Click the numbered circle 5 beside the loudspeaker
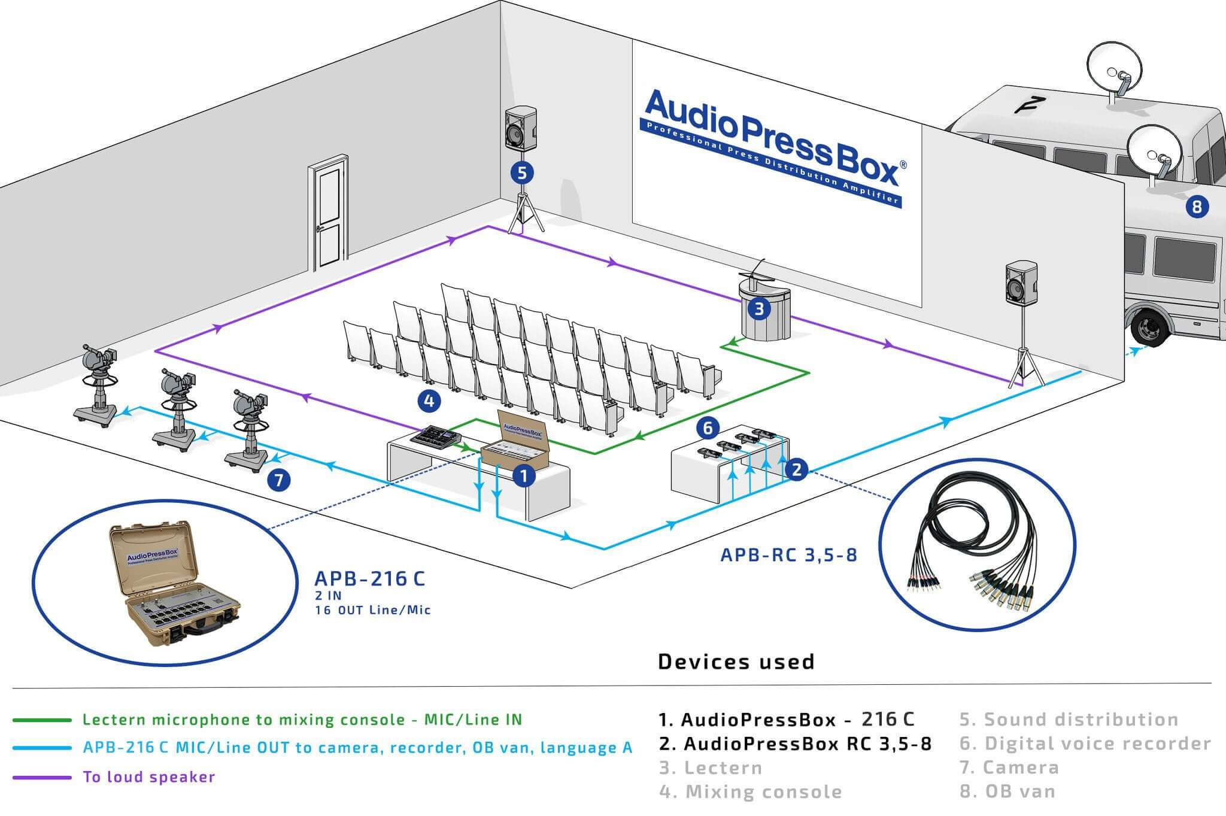[x=522, y=173]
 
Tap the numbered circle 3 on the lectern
[x=759, y=309]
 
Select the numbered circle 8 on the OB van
[x=1197, y=207]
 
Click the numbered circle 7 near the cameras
[x=279, y=480]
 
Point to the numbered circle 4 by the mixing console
[x=429, y=401]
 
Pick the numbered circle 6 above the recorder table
[x=708, y=427]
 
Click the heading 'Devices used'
[x=736, y=662]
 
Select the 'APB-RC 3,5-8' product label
[x=788, y=555]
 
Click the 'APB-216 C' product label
[x=369, y=579]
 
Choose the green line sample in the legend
[x=42, y=720]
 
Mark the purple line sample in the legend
[x=42, y=777]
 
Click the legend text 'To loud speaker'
[x=148, y=777]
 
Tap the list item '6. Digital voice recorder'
[x=1085, y=744]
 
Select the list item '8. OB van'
[x=1007, y=791]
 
